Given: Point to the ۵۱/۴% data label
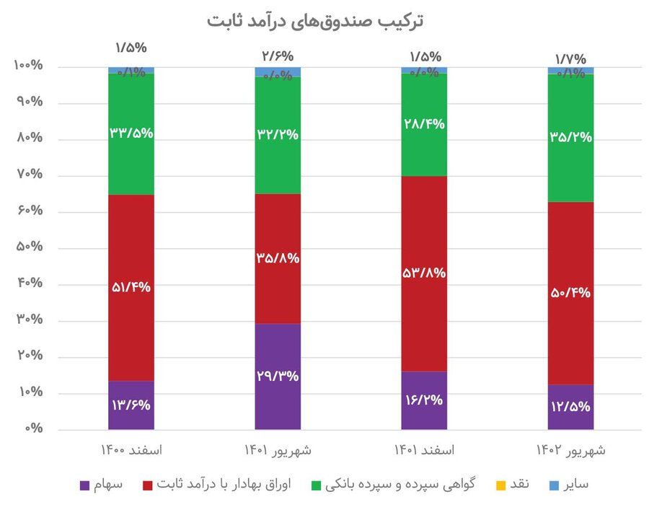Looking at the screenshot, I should coord(131,287).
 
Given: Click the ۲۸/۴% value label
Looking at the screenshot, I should coord(424,123).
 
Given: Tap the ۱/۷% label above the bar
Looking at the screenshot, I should coord(570,58).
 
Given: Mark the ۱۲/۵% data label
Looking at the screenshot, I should coord(570,405).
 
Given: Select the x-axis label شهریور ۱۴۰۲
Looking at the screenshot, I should coord(570,451).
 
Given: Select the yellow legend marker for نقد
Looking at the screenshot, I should coord(496,484).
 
